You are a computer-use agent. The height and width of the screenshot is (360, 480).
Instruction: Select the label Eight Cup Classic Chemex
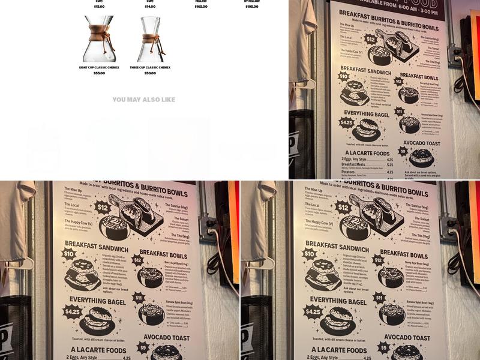click(x=99, y=67)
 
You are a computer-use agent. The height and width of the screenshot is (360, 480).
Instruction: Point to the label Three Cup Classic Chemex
click(x=150, y=67)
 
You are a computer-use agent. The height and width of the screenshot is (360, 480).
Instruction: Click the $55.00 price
click(x=99, y=73)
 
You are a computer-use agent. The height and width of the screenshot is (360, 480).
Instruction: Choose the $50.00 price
click(x=150, y=73)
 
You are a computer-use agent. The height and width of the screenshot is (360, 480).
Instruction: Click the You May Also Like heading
click(x=144, y=100)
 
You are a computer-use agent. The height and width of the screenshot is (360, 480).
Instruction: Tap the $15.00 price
click(x=99, y=7)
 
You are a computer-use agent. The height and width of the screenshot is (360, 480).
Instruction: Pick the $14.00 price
click(x=150, y=7)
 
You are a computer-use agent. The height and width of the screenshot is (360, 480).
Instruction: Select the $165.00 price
click(x=201, y=7)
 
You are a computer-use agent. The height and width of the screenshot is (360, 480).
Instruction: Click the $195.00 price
click(x=252, y=7)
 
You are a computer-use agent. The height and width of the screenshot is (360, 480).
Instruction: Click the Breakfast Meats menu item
click(x=354, y=164)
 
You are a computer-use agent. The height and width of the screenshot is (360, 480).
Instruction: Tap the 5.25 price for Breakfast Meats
click(x=390, y=164)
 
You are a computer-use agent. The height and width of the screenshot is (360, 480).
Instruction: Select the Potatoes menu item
click(x=350, y=172)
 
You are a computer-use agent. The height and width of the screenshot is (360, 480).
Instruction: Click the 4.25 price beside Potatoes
click(x=390, y=172)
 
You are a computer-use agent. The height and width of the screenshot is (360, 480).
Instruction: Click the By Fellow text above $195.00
click(x=252, y=1)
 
